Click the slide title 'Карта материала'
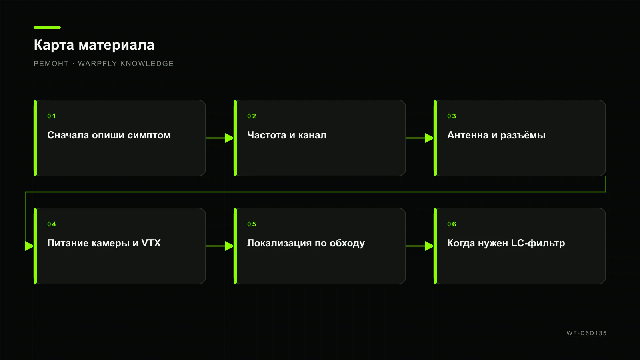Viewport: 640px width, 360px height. (x=94, y=45)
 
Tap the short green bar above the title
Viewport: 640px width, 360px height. (x=47, y=28)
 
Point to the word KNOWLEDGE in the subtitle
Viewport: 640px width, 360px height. (x=147, y=64)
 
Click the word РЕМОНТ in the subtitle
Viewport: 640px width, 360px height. (x=51, y=64)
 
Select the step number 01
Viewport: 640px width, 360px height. (x=52, y=116)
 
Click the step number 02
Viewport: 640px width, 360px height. (x=252, y=116)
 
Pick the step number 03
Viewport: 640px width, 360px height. (x=452, y=116)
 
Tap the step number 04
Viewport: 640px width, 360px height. (x=52, y=224)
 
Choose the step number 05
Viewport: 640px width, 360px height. (x=252, y=224)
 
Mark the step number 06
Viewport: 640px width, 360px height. (x=452, y=224)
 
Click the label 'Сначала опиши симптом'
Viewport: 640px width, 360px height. (x=109, y=135)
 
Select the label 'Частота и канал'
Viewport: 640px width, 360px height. (x=286, y=135)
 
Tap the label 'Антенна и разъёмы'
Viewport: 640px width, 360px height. (x=496, y=135)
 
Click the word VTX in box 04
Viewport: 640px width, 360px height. (x=151, y=243)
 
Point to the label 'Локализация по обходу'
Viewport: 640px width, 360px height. (x=306, y=243)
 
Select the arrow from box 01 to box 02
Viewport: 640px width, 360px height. (x=220, y=138)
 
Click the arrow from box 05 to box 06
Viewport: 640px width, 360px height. (x=420, y=246)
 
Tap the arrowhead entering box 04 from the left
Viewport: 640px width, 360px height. (x=30, y=246)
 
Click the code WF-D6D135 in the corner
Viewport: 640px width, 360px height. (x=586, y=333)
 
